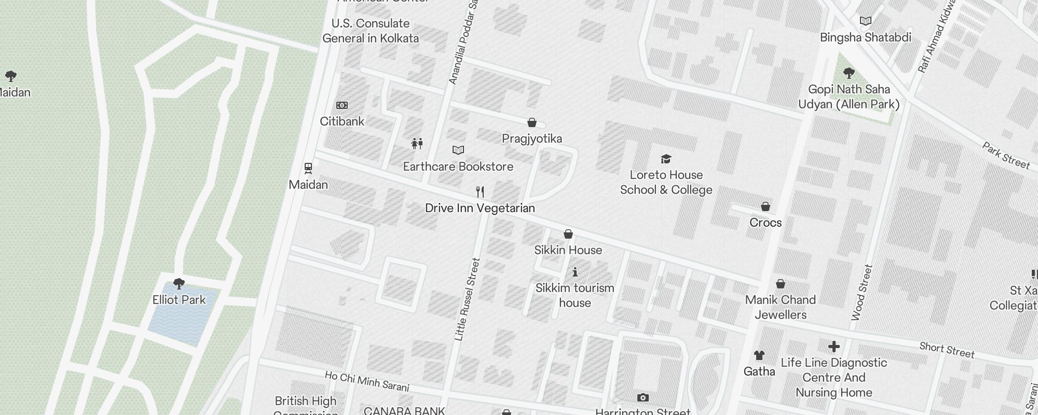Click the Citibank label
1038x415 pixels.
point(342,121)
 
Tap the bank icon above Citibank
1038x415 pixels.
point(342,105)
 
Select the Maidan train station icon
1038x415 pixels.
point(308,168)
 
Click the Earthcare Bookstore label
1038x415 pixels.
point(458,167)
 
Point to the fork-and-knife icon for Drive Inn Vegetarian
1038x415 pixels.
point(480,192)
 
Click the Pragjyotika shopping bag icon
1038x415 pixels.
point(532,122)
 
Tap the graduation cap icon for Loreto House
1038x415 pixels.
point(666,159)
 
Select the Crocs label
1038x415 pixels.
point(766,223)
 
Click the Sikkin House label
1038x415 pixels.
point(568,250)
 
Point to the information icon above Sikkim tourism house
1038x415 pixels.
point(575,272)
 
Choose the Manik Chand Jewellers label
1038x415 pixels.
point(781,307)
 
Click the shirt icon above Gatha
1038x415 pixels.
point(759,355)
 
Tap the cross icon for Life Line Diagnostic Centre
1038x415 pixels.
point(834,347)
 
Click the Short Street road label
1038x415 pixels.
point(947,350)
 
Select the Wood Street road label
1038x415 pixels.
point(862,292)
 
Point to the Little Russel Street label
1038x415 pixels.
point(467,299)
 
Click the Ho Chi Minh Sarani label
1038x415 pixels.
point(367,381)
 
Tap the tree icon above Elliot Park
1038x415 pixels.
point(179,283)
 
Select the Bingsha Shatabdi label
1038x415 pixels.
point(866,37)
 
